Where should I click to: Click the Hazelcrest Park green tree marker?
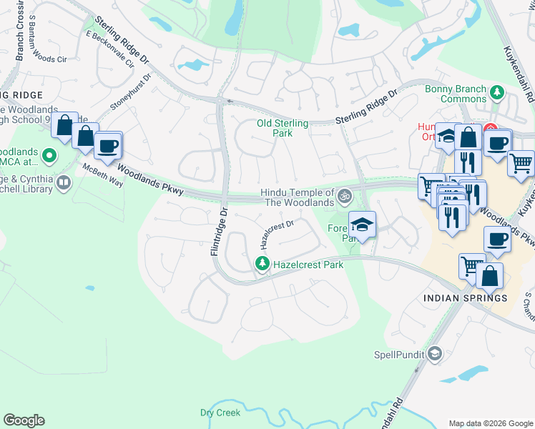[262, 265]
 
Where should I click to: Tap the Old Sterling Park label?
[283, 128]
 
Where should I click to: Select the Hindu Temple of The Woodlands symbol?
[345, 194]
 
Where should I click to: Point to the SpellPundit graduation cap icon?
[434, 354]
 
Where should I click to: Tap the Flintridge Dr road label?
[217, 232]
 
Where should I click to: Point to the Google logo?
[24, 420]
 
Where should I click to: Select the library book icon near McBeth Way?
[64, 183]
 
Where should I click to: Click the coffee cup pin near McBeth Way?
[108, 145]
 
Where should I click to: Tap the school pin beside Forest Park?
[362, 224]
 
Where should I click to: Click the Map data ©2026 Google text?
[491, 423]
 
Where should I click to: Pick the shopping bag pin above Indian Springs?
[490, 275]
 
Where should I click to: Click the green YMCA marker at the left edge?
[49, 154]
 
